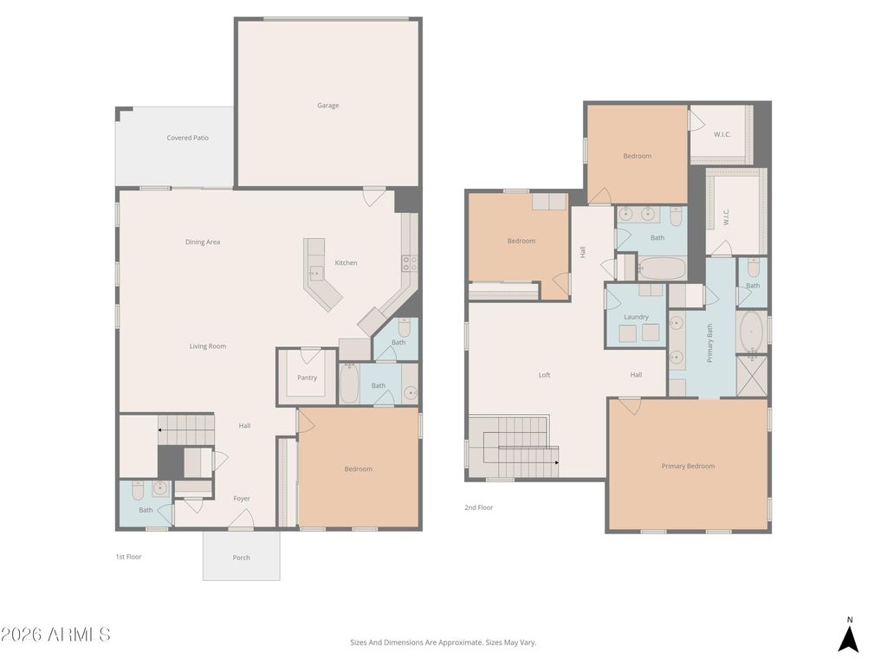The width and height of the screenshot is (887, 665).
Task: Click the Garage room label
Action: pos(327,106)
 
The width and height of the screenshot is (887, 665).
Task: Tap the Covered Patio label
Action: pos(187,138)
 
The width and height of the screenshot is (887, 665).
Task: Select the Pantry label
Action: pos(307,378)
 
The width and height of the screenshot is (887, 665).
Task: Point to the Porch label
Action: pos(242,558)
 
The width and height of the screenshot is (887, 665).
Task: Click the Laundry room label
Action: pos(636,317)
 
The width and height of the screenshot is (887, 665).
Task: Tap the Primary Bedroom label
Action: pos(688,466)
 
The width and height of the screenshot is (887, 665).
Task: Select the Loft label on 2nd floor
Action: pos(544,375)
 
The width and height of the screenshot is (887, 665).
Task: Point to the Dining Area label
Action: pos(202,242)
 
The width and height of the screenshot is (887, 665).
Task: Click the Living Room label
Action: pos(208,346)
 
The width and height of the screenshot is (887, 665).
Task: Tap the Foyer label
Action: pos(242,499)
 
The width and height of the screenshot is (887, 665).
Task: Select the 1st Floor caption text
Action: pos(128,557)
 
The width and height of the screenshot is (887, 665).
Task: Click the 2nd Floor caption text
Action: pos(478,507)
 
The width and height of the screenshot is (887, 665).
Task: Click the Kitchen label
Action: pos(346,263)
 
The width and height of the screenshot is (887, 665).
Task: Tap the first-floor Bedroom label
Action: pos(358,469)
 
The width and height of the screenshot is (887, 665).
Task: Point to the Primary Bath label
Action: pos(710,343)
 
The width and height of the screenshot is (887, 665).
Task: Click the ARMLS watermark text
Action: pos(55,635)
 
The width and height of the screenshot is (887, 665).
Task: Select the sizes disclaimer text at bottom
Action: pos(443,642)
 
